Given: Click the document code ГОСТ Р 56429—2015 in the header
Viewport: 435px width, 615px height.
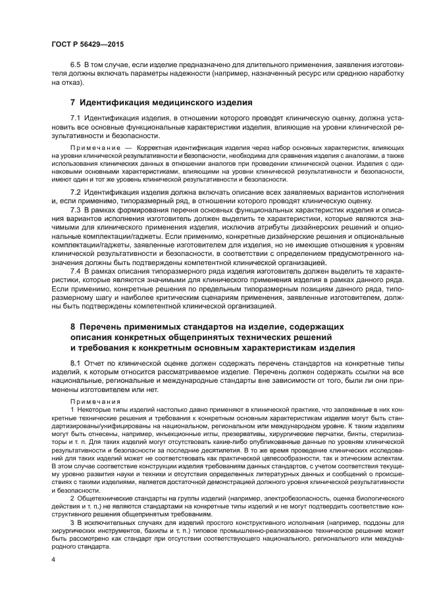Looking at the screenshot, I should (x=88, y=43).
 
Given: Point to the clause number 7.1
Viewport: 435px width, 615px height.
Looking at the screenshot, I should (x=75, y=117).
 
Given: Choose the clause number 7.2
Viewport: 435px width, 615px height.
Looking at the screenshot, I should (x=75, y=191).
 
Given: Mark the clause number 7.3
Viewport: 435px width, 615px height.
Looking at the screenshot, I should (x=75, y=209).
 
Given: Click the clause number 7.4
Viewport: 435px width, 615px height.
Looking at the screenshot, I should (x=75, y=270).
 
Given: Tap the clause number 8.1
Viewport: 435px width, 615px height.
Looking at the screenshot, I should (x=75, y=363).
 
